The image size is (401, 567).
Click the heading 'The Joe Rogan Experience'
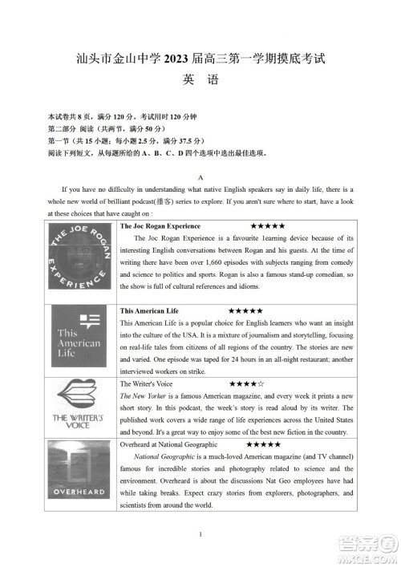[x=160, y=227]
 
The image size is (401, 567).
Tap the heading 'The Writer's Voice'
[x=146, y=384]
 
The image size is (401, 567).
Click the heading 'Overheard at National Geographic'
[x=169, y=444]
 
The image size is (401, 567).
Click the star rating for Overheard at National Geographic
[x=263, y=444]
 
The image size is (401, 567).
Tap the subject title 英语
[x=200, y=80]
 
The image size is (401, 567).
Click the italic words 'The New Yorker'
[x=144, y=396]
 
